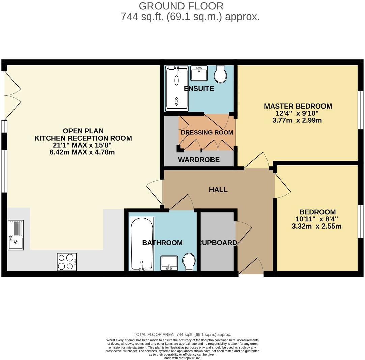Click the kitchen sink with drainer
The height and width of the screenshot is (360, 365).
coord(16,235)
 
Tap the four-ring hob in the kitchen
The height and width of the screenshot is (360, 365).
coord(67,262)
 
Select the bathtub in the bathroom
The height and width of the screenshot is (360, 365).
coord(142,244)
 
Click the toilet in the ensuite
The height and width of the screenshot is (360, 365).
coord(221,74)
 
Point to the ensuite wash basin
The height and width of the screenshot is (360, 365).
coord(199,73)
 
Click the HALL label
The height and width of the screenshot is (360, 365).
coord(218,190)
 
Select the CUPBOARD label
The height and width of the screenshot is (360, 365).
coord(218,243)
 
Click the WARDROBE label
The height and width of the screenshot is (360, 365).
coord(199,160)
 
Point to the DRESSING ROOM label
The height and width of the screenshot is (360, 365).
coord(207,132)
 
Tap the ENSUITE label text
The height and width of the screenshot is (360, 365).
coord(199,89)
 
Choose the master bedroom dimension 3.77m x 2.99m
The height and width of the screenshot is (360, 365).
coord(298,120)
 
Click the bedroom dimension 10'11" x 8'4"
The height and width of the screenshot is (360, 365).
coord(317,219)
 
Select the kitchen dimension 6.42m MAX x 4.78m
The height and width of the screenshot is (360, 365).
coord(83,152)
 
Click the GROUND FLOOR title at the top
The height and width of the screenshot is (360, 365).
coord(181,6)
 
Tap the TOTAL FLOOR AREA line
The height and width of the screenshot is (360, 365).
coord(182,334)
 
